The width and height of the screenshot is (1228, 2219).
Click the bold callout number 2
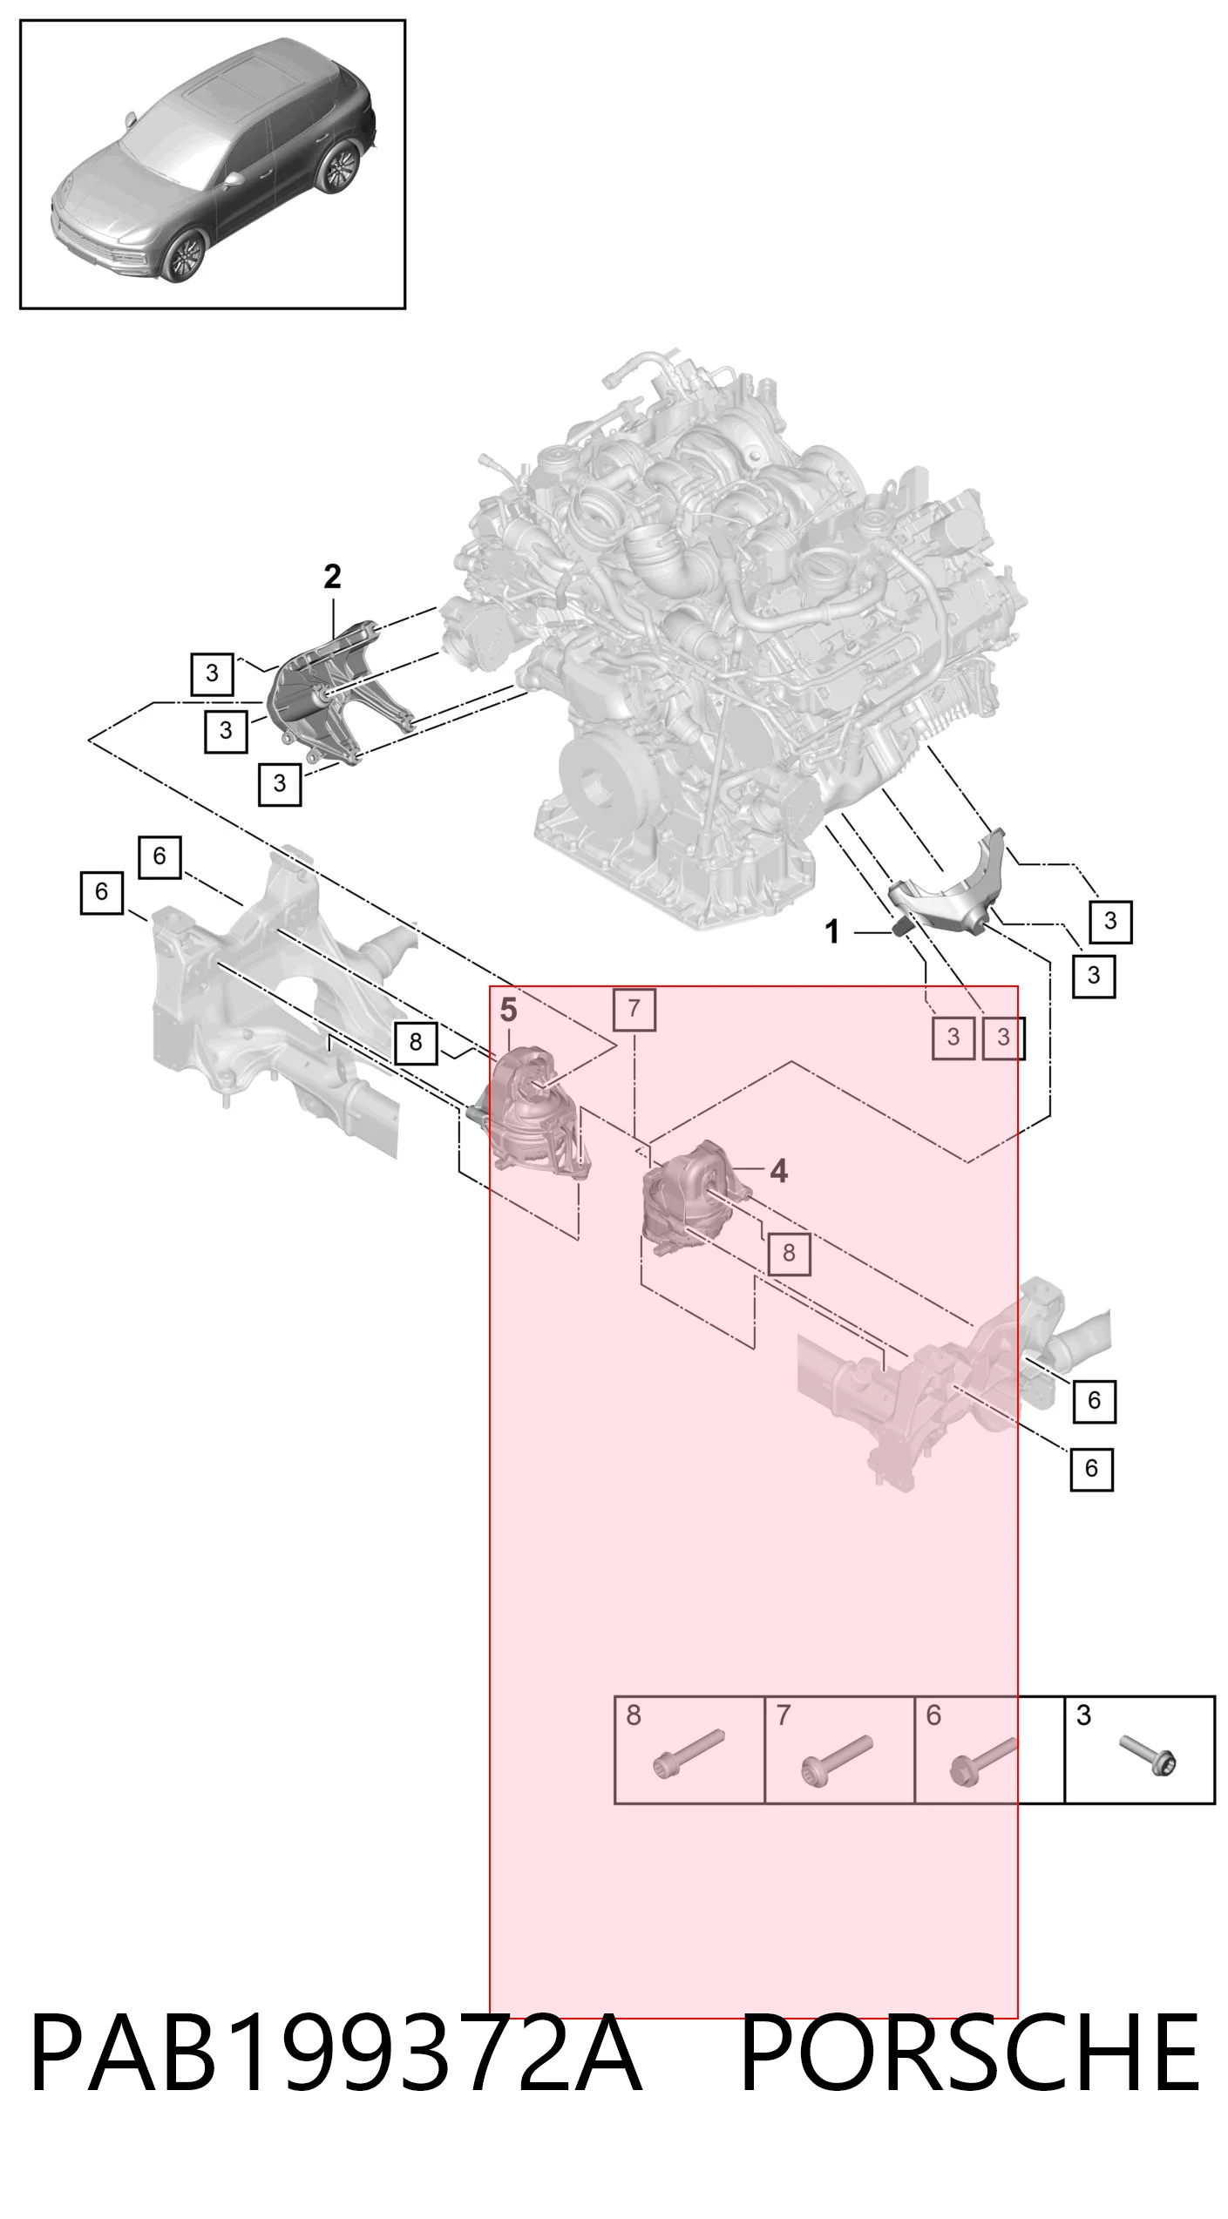(x=332, y=577)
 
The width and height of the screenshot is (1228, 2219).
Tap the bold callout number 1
(x=833, y=932)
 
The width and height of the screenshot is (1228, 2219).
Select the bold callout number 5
(x=508, y=1011)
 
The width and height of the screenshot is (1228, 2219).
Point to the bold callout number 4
(x=778, y=1171)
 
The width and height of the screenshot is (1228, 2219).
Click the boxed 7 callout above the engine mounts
(x=634, y=1009)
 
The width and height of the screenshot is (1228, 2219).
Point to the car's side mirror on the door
(x=234, y=180)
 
